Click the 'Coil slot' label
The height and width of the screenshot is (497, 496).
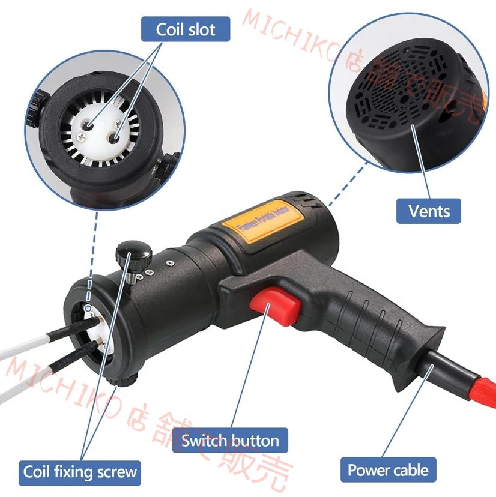(x=185, y=29)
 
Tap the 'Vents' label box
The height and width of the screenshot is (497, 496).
(x=428, y=211)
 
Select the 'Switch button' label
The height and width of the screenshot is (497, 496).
(x=230, y=441)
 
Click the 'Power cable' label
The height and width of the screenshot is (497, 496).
(x=388, y=470)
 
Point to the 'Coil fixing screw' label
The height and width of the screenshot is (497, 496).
(x=80, y=472)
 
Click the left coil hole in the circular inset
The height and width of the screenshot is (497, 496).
(x=89, y=124)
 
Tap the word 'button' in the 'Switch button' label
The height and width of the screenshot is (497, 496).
(x=254, y=441)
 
